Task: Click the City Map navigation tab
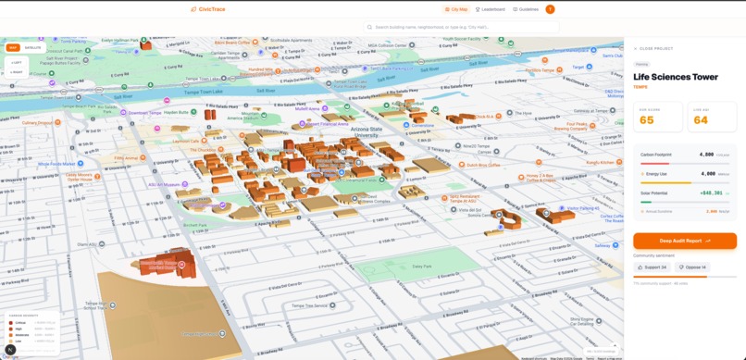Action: (456, 9)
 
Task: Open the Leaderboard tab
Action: (491, 9)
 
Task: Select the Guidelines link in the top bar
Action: (526, 9)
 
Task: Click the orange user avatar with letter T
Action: (550, 9)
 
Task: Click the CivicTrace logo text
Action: (211, 9)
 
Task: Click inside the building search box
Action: (463, 28)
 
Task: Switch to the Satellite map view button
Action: (32, 47)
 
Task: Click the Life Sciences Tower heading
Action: (676, 78)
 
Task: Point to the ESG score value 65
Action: (646, 119)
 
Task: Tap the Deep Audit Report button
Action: (685, 241)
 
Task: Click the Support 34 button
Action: (651, 267)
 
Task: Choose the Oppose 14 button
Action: (693, 267)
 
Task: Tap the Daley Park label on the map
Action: (422, 267)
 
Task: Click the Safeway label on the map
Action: (604, 246)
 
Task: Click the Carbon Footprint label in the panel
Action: (656, 155)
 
